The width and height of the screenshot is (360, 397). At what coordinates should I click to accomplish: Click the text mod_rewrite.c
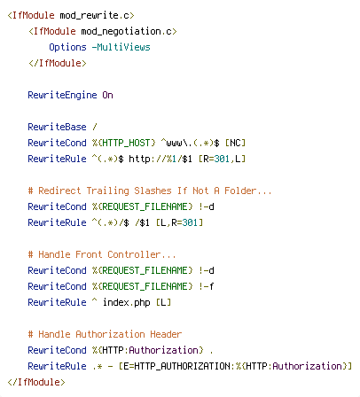click(x=94, y=15)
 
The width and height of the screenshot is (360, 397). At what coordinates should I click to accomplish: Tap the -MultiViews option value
click(x=121, y=47)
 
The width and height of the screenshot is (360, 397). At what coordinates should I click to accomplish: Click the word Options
click(x=67, y=47)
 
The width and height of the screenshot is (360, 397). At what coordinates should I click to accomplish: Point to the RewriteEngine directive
click(x=62, y=95)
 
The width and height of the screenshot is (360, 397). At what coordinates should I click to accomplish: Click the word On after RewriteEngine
click(x=107, y=95)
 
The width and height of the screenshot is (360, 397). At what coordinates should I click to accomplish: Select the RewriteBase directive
click(x=57, y=127)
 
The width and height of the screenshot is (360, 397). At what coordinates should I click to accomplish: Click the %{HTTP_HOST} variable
click(x=123, y=143)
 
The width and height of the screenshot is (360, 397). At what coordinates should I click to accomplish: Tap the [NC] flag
click(x=235, y=143)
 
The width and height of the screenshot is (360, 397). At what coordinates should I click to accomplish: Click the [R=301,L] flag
click(x=222, y=159)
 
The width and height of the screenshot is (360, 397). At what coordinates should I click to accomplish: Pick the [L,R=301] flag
click(x=179, y=222)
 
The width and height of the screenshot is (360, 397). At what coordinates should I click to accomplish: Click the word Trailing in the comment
click(x=108, y=191)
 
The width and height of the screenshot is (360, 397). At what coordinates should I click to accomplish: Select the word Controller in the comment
click(x=134, y=254)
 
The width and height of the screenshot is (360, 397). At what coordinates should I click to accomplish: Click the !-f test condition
click(x=207, y=286)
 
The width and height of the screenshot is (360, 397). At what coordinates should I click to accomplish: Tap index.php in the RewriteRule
click(x=127, y=303)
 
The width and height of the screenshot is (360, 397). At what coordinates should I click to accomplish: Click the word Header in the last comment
click(x=166, y=334)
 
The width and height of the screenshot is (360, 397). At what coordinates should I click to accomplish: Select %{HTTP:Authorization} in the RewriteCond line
click(x=148, y=350)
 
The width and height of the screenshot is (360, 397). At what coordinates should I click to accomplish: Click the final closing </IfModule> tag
click(x=36, y=382)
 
